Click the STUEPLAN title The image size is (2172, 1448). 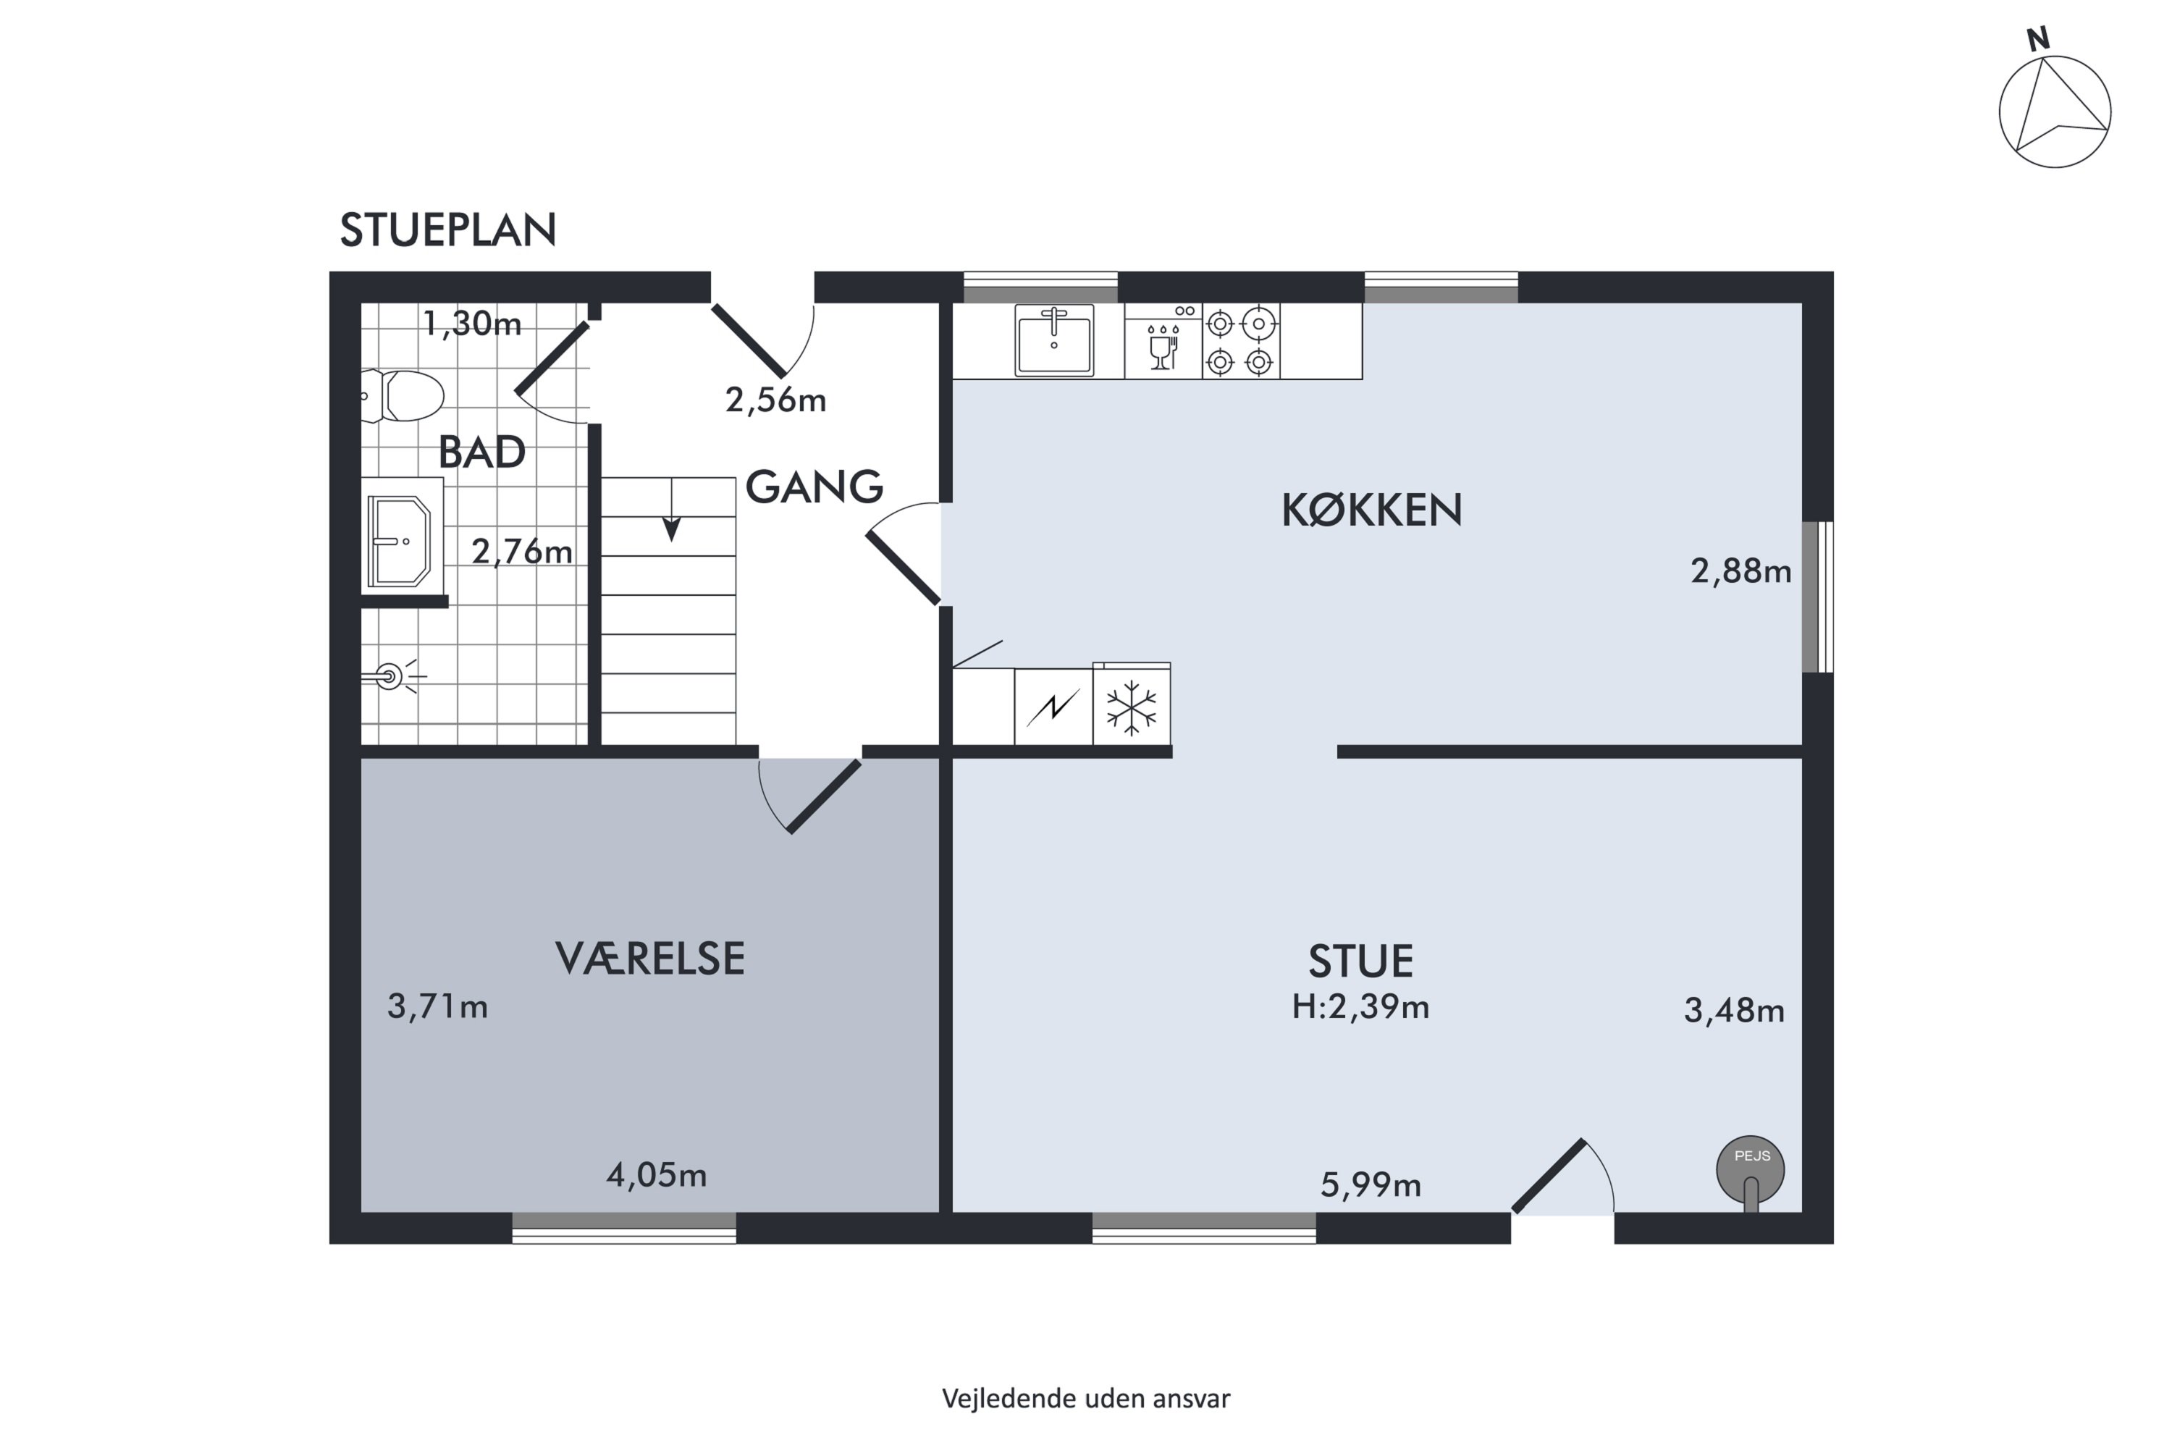448,230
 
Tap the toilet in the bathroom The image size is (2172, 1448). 403,396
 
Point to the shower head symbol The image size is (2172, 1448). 392,677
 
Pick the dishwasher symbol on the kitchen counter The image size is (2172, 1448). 1163,341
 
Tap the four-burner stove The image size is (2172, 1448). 1240,342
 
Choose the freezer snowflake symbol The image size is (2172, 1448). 1131,708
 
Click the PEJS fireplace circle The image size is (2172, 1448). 1750,1170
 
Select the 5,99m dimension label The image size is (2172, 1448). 1371,1184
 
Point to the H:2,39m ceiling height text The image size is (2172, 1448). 1360,1006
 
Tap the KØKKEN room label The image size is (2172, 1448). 1371,510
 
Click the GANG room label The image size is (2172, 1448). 814,487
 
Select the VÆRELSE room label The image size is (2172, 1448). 650,959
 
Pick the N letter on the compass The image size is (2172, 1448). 2038,39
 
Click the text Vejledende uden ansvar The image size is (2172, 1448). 1086,1399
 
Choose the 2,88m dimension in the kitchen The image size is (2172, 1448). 1740,572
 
